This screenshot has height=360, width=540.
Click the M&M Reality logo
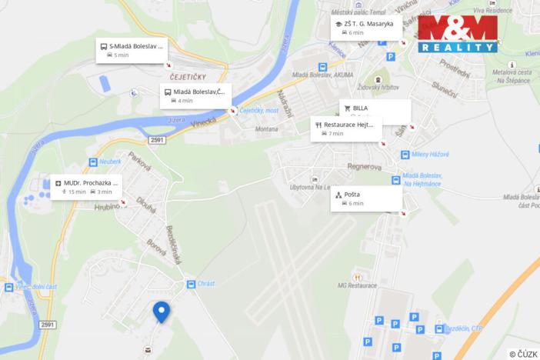pos(458,33)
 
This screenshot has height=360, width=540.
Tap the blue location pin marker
pos(162,311)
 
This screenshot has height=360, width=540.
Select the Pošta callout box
pos(368,198)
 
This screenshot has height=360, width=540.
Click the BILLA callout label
pos(374,108)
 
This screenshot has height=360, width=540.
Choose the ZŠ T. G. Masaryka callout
pos(365,28)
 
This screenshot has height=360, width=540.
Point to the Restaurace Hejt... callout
pos(347,128)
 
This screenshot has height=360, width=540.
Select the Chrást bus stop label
pos(205,284)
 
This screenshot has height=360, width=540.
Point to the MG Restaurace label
pos(357,287)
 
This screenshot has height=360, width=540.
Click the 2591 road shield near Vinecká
pos(157,140)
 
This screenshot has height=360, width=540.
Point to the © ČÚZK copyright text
pos(522,354)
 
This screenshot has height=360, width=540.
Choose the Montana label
pos(265,129)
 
